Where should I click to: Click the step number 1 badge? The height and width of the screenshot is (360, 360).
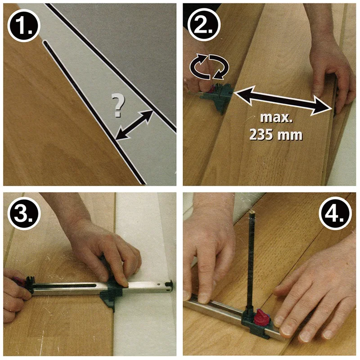[x=24, y=26]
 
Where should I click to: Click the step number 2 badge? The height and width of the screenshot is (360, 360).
[x=204, y=25]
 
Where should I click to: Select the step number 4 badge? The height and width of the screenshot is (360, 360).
[x=335, y=213]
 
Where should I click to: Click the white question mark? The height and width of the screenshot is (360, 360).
[x=118, y=106]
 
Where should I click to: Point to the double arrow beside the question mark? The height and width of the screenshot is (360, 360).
[x=134, y=125]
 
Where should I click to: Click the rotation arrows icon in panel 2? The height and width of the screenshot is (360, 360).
[x=209, y=67]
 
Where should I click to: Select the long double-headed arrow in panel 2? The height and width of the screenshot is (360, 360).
[x=283, y=100]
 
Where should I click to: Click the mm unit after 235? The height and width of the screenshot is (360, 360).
[x=290, y=135]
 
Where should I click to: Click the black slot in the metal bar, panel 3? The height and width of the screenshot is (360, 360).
[x=65, y=286]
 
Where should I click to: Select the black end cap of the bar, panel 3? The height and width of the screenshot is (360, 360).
[x=170, y=285]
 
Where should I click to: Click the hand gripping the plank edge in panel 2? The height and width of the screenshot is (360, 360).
[x=331, y=69]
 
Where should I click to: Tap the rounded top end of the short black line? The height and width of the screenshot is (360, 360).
[x=45, y=42]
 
